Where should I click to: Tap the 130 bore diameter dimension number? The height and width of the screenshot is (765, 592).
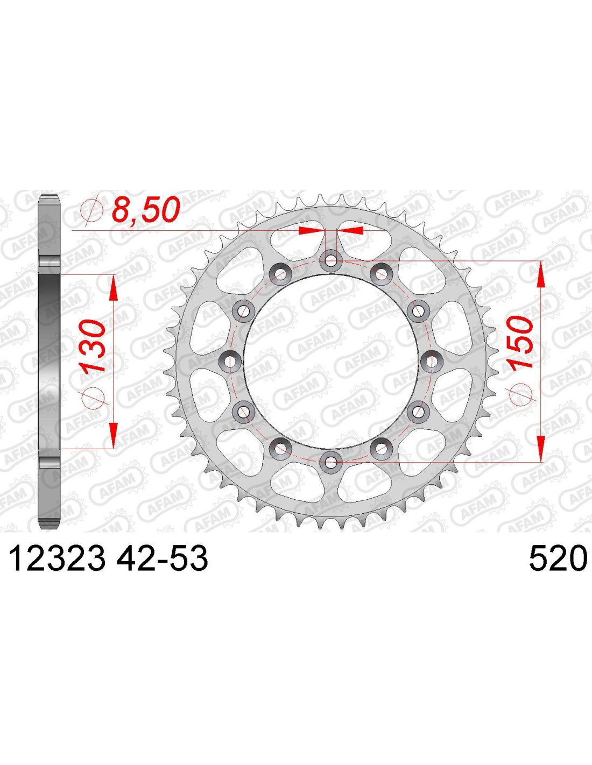[x=94, y=345]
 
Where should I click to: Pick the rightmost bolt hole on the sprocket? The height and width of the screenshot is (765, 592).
[x=431, y=361]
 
